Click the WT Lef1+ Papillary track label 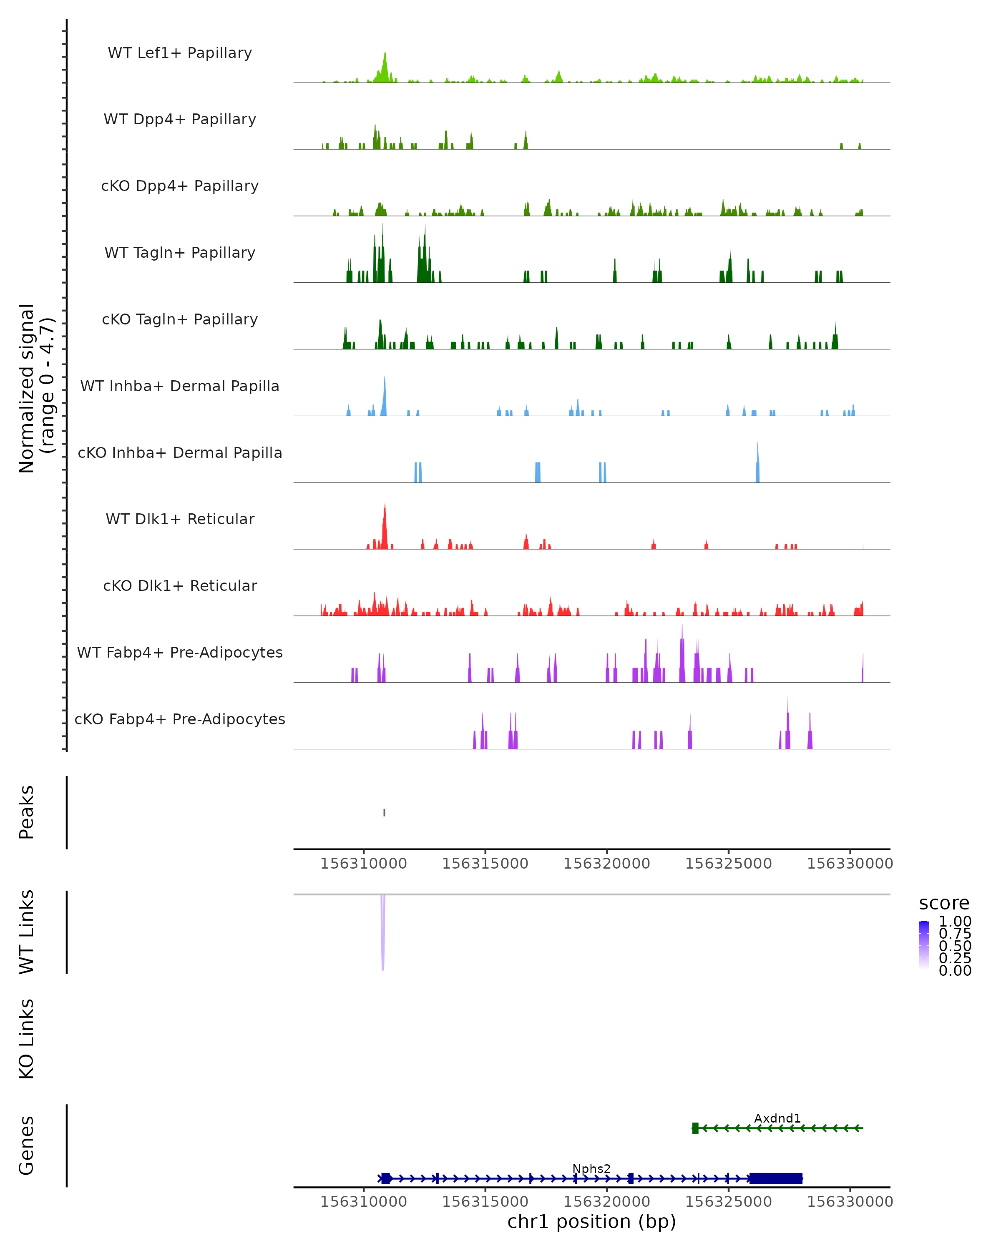click(x=180, y=53)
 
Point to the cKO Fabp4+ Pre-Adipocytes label click(x=180, y=719)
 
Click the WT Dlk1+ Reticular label click(x=180, y=519)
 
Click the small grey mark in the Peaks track click(x=384, y=812)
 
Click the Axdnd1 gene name click(x=777, y=1118)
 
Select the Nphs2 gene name click(x=591, y=1168)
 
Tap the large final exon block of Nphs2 click(x=776, y=1178)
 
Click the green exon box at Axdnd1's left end click(x=695, y=1128)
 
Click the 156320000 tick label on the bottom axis click(x=606, y=1202)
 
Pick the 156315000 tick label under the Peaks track click(x=485, y=864)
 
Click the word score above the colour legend click(x=944, y=904)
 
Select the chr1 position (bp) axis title click(x=591, y=1222)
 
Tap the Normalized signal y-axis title click(x=36, y=389)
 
